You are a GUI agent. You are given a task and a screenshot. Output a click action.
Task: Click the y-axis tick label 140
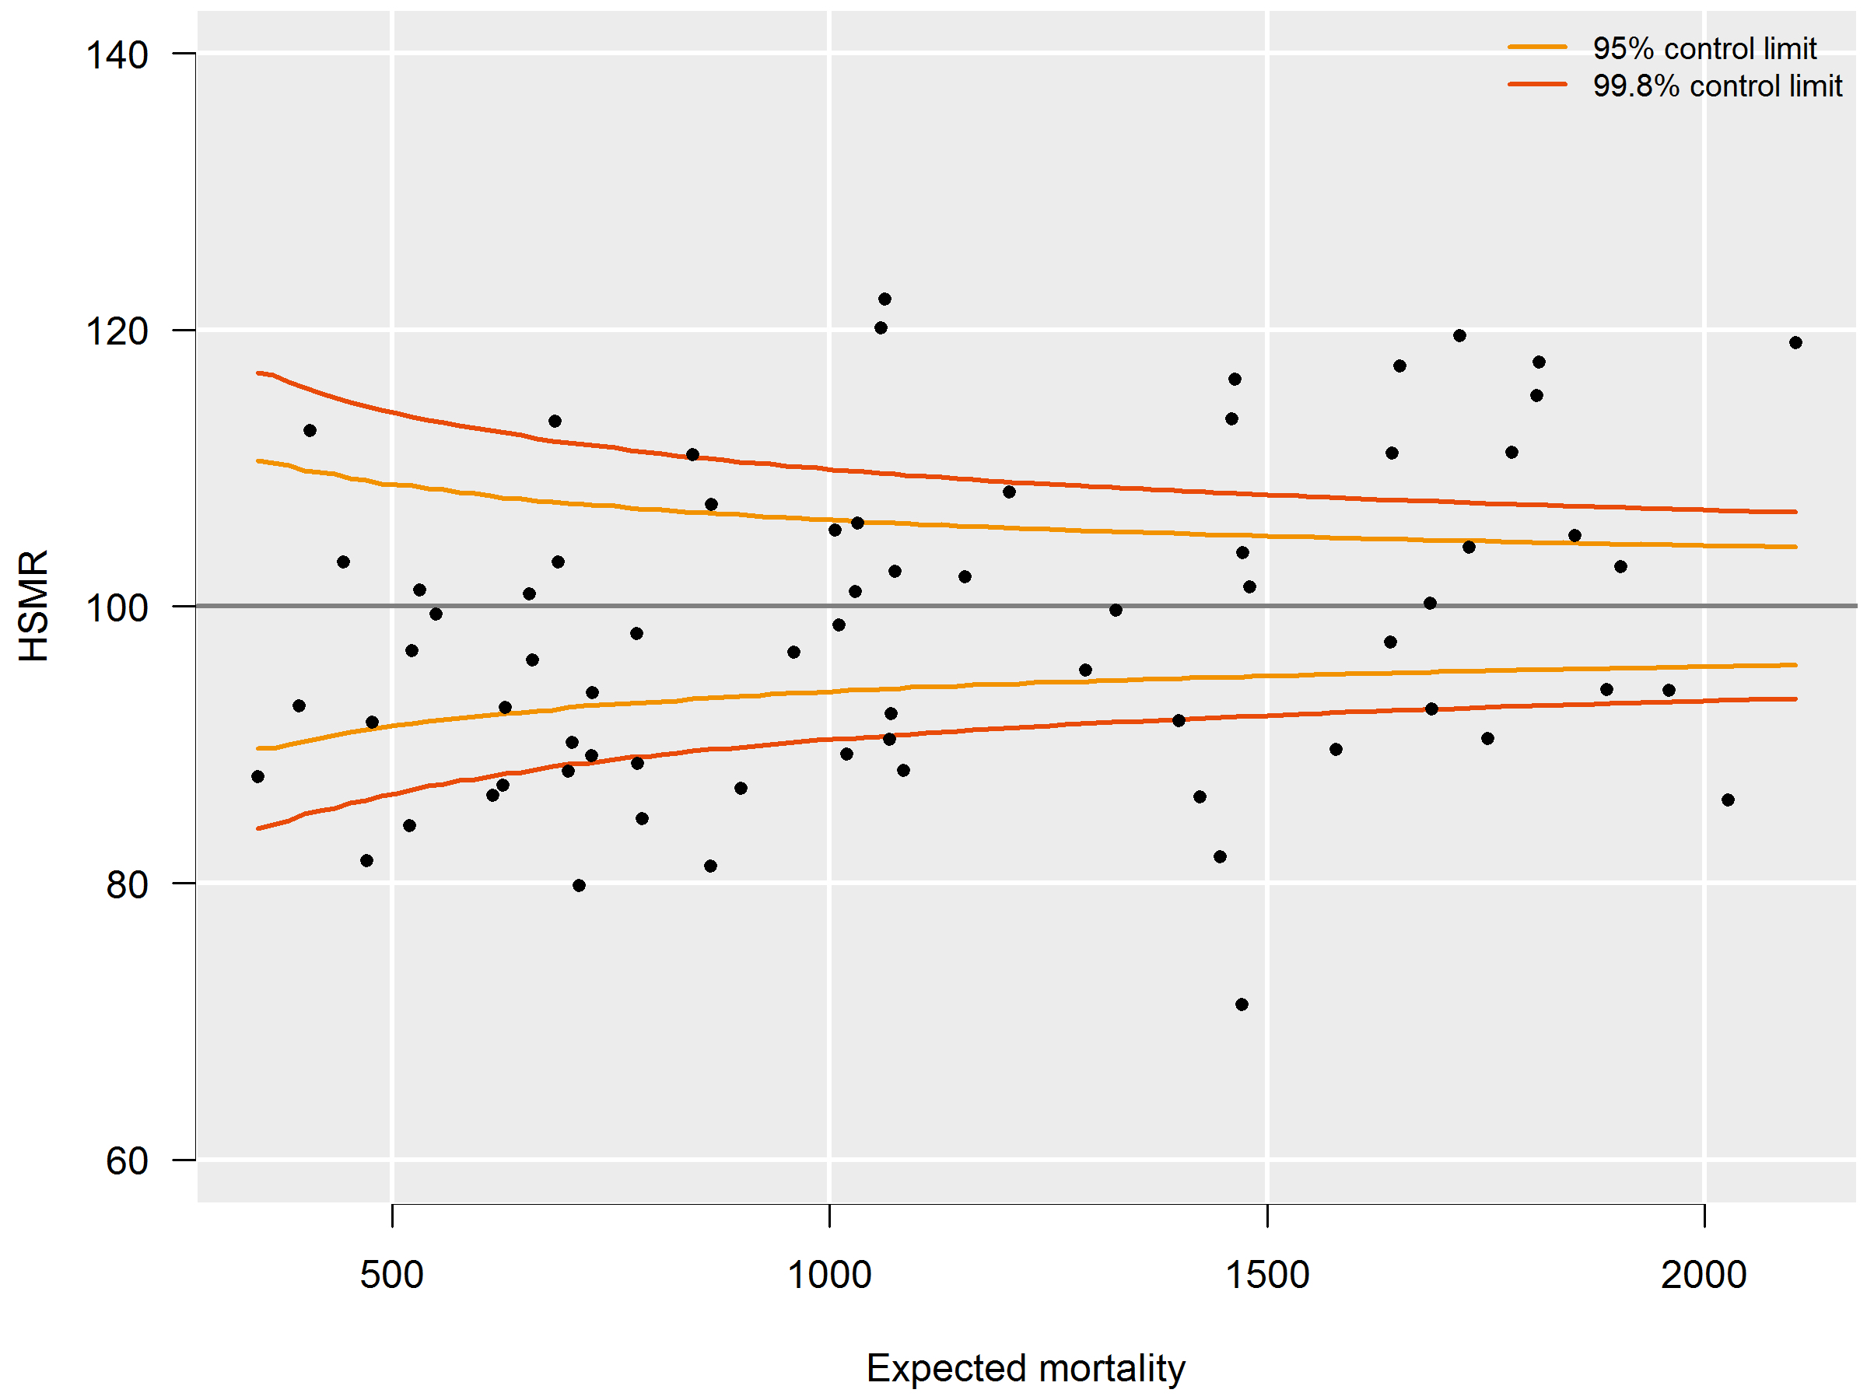tap(117, 56)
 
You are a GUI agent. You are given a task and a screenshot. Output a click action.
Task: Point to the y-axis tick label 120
tap(117, 331)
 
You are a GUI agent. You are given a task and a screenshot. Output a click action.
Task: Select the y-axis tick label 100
tap(117, 608)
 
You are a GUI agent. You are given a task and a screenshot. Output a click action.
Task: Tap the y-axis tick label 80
tap(127, 885)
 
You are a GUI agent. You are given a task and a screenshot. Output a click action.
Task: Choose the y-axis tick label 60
tap(127, 1162)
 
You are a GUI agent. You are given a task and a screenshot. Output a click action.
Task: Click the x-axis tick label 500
tap(391, 1275)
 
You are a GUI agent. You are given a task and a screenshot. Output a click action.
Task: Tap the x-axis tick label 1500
tap(1267, 1275)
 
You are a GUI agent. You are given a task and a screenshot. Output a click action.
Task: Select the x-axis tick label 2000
tap(1704, 1275)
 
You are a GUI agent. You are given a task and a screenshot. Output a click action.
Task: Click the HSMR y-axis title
tap(33, 606)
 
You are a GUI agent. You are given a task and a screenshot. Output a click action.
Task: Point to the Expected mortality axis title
tap(1025, 1368)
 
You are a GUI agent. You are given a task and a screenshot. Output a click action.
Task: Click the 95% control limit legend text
tap(1704, 49)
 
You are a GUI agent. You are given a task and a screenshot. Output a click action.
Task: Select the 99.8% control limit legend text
tap(1717, 86)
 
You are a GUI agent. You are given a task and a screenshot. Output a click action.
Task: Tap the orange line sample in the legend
tap(1537, 47)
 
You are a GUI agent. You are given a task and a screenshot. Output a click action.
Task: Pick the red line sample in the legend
tap(1537, 84)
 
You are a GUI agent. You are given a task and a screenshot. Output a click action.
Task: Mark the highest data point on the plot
tap(884, 299)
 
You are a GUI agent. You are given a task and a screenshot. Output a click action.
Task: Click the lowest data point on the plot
tap(1242, 1004)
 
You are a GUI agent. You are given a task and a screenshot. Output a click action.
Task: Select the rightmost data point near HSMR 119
tap(1795, 343)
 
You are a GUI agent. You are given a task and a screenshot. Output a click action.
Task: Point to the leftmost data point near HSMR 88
tap(257, 776)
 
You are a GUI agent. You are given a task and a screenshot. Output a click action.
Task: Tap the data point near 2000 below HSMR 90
tap(1728, 800)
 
